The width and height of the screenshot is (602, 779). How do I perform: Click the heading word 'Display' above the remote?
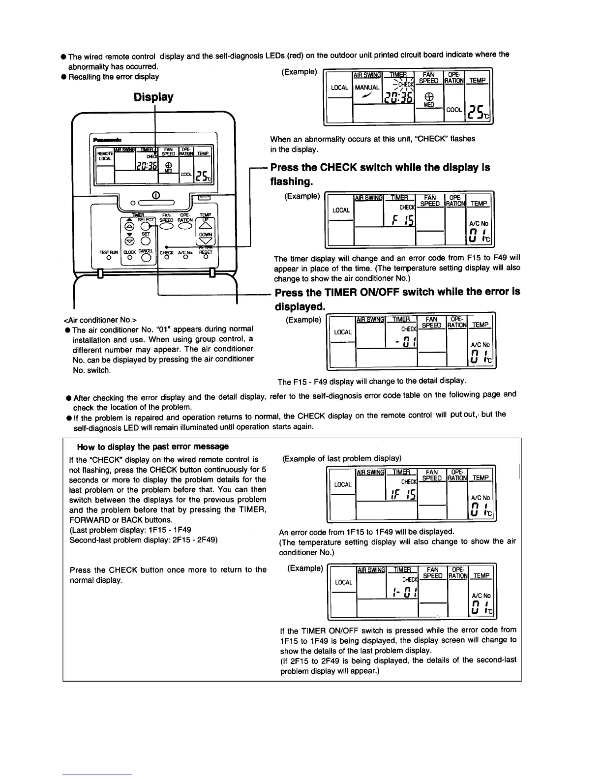pyautogui.click(x=153, y=97)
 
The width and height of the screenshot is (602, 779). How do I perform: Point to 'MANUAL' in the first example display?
pyautogui.click(x=367, y=88)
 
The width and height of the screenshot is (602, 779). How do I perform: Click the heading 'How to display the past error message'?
pyautogui.click(x=153, y=447)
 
